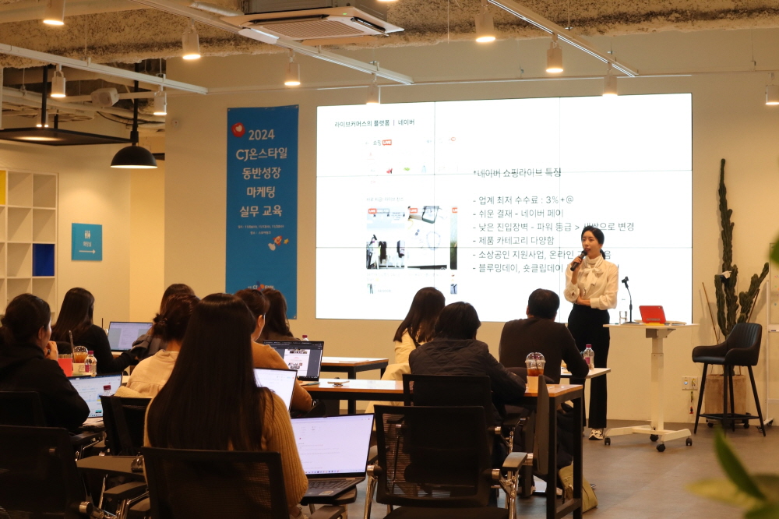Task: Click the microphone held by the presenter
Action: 578,259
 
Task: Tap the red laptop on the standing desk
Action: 652,314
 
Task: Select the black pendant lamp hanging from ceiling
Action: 133,157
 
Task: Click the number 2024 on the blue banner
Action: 261,134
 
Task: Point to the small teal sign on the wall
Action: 86,242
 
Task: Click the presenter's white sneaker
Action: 596,433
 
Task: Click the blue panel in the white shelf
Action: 44,259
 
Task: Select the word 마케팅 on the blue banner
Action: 262,191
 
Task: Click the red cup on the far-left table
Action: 66,365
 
